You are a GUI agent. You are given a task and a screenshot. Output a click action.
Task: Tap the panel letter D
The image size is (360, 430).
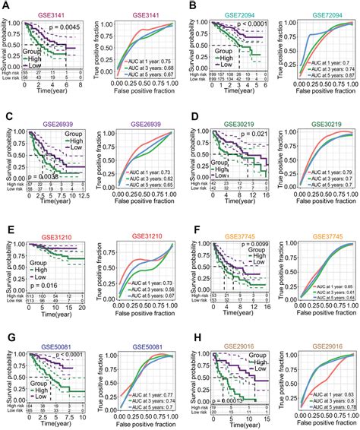(x=185, y=115)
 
